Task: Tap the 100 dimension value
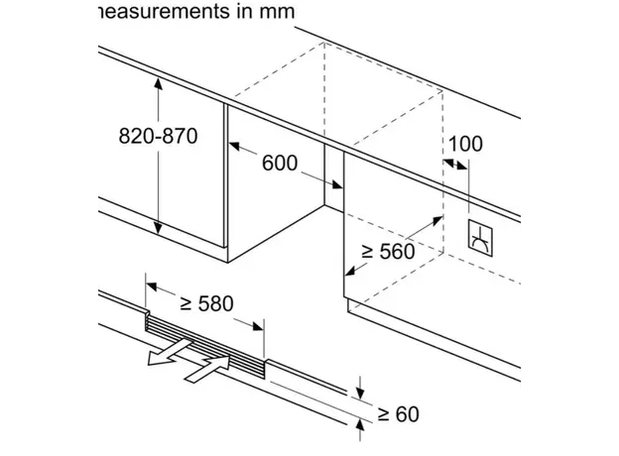[463, 143]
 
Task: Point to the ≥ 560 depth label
[386, 252]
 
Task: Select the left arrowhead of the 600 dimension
[235, 148]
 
